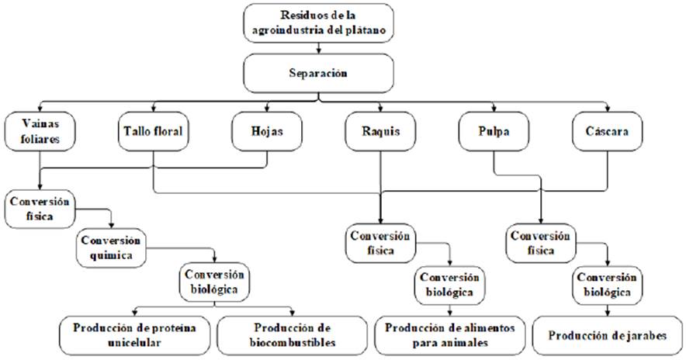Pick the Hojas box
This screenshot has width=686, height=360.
tap(256, 131)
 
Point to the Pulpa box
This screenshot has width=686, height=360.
tap(494, 131)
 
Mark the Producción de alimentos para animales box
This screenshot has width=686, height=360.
tap(450, 334)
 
